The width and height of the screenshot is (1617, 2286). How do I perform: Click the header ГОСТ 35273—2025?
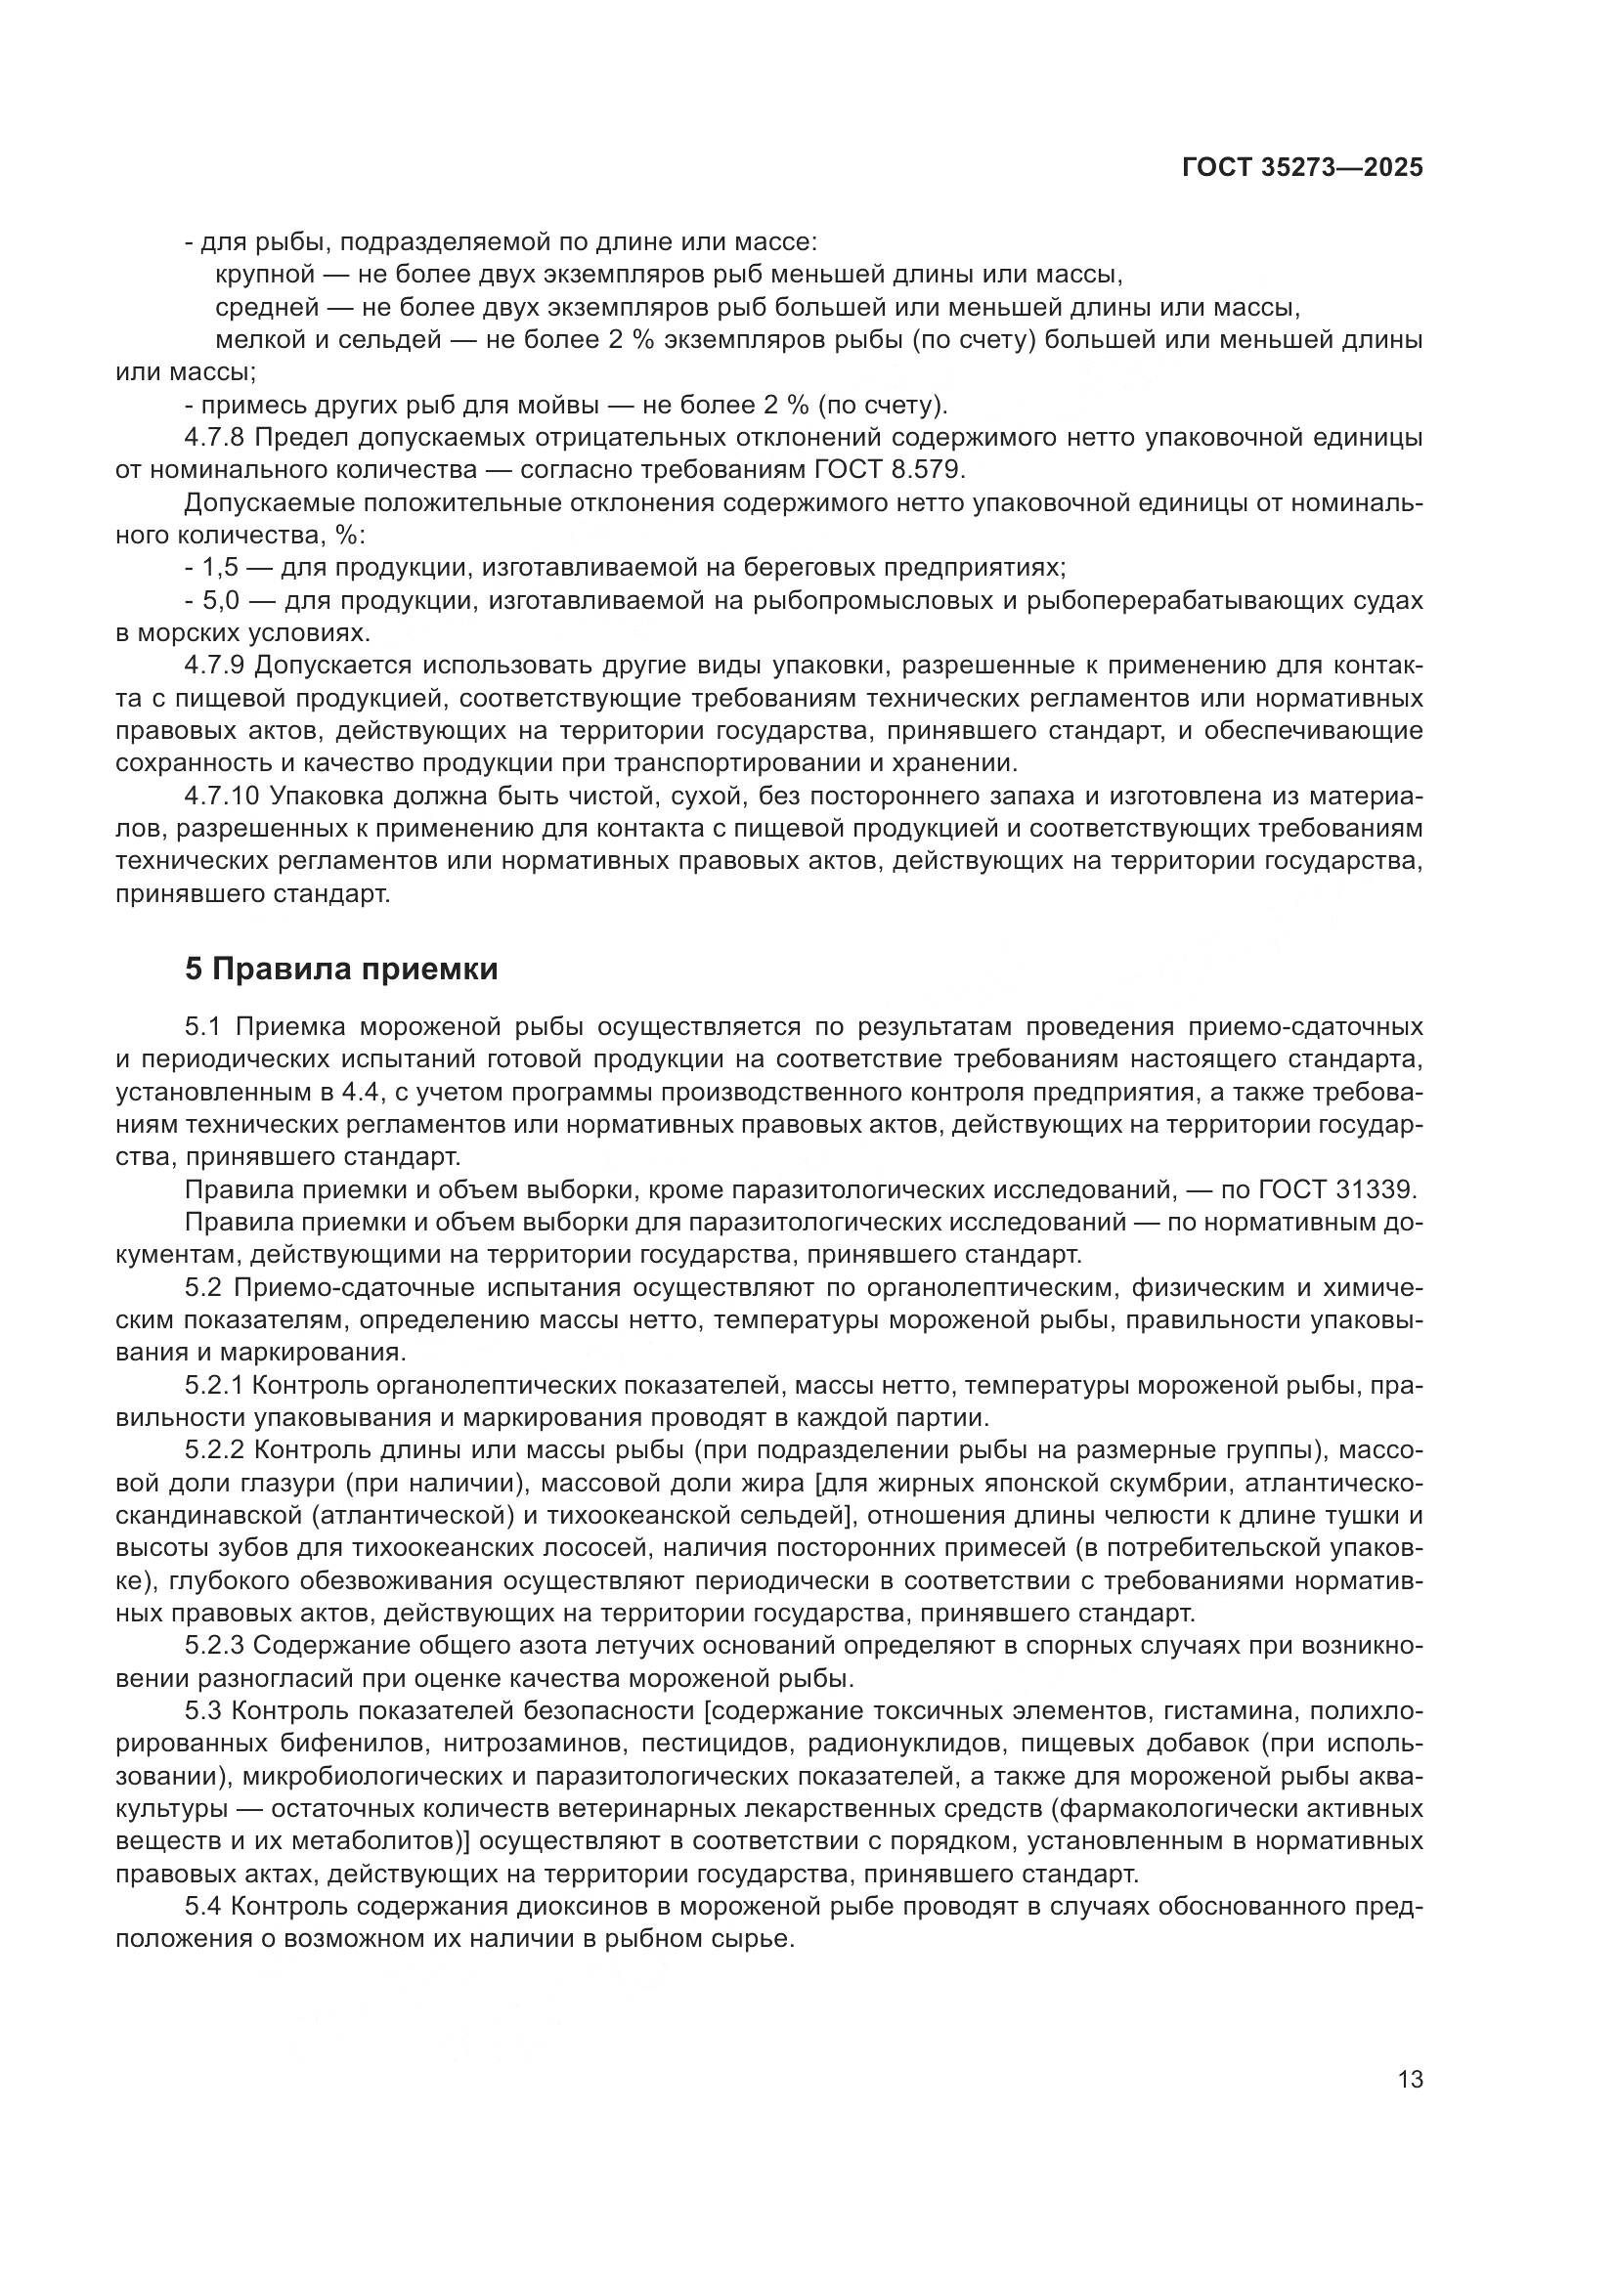1302,167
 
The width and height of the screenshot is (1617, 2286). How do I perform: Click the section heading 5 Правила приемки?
341,969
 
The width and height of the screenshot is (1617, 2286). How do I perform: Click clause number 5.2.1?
214,1385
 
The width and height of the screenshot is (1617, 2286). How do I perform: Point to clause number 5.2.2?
214,1450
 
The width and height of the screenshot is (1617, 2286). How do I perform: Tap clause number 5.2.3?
214,1647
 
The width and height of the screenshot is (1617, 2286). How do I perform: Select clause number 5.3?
203,1711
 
